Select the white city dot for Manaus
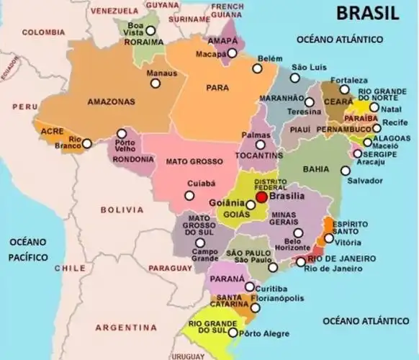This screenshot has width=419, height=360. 155,84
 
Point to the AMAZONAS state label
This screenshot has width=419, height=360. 111,102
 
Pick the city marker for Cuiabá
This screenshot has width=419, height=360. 189,195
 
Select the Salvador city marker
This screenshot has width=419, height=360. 346,171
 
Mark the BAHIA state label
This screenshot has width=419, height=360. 316,168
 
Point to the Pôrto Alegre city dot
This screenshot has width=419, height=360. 233,333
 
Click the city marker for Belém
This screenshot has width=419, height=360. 256,68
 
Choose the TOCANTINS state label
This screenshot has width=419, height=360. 258,156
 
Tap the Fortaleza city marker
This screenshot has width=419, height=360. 345,90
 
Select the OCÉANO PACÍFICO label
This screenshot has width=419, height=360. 27,248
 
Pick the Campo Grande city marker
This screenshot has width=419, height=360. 199,243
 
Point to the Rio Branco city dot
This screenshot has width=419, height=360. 87,143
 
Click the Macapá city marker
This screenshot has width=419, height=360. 233,53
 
